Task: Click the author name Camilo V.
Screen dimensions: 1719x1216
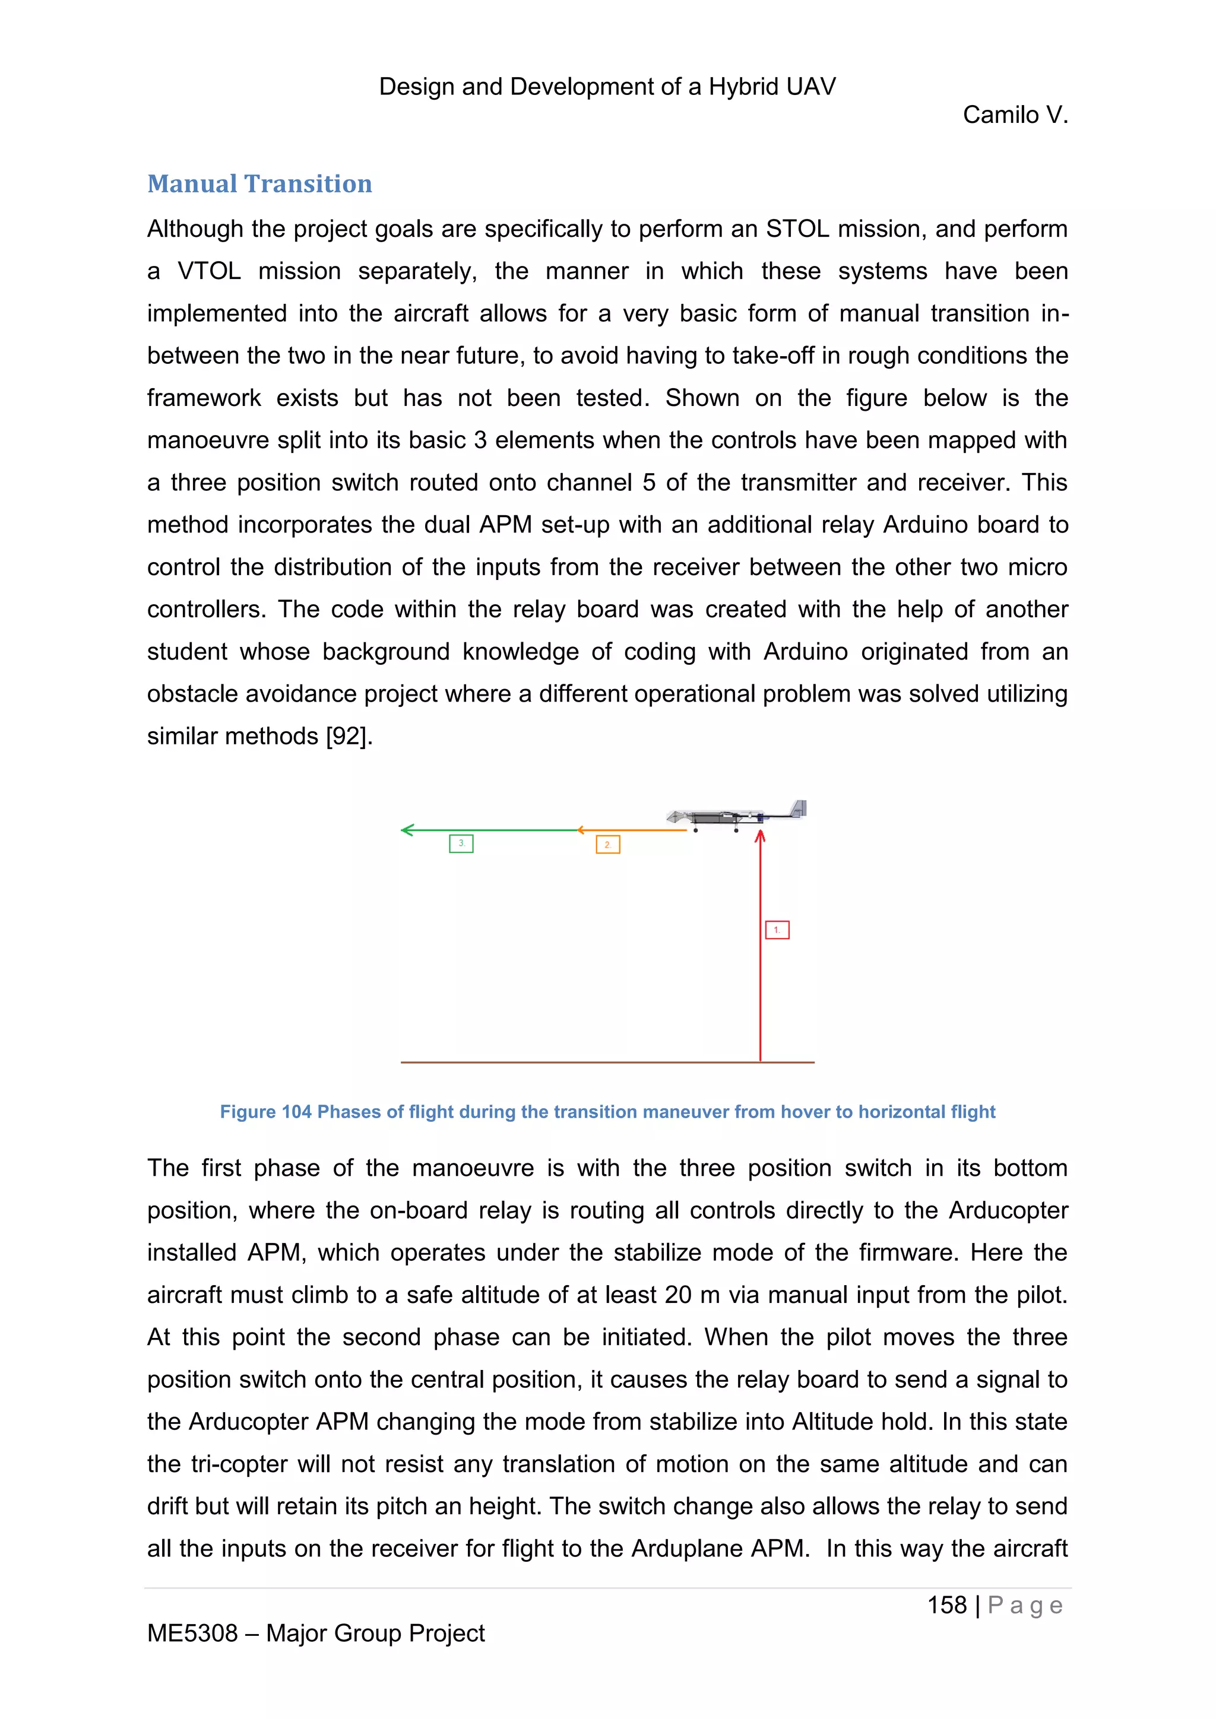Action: tap(1015, 115)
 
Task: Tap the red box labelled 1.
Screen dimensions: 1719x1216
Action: tap(777, 930)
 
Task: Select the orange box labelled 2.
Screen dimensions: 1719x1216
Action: tap(607, 845)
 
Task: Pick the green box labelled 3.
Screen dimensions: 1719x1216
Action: tap(461, 844)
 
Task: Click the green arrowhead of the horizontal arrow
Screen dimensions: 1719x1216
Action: tap(407, 830)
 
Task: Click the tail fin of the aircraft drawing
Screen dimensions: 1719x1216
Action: tap(799, 808)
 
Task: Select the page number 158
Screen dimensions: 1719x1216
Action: tap(946, 1605)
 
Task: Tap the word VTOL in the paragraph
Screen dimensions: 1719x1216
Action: tap(209, 271)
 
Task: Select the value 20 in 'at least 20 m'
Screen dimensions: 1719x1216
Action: tap(677, 1295)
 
